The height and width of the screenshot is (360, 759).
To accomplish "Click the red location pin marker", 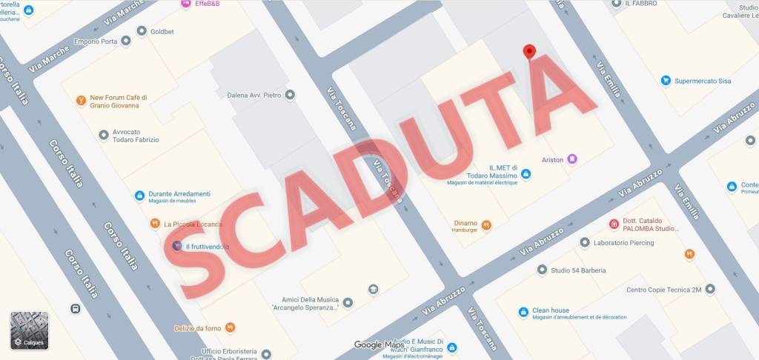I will [528, 52].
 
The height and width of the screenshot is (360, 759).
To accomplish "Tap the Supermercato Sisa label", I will [703, 81].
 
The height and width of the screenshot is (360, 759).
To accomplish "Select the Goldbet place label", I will [165, 31].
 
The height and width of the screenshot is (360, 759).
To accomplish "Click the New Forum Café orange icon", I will [81, 100].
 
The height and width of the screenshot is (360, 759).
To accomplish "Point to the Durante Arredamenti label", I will [179, 194].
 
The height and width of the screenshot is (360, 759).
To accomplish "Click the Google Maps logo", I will [379, 344].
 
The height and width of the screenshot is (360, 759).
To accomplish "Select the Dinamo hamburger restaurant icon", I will [486, 225].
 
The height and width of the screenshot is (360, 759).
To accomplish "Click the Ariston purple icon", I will [571, 159].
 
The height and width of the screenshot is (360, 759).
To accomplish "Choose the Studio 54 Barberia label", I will [577, 270].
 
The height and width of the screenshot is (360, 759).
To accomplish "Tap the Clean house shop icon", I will [524, 312].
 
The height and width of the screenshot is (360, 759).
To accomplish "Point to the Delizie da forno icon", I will [230, 327].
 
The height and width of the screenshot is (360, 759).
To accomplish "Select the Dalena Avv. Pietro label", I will [253, 95].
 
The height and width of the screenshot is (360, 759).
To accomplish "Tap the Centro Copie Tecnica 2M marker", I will [710, 289].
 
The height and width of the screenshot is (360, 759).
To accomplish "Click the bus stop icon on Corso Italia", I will [75, 309].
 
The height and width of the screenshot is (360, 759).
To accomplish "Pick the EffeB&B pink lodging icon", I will [185, 4].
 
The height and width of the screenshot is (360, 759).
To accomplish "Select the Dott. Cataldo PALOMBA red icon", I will [614, 224].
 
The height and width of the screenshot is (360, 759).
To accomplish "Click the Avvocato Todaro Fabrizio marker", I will [104, 135].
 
